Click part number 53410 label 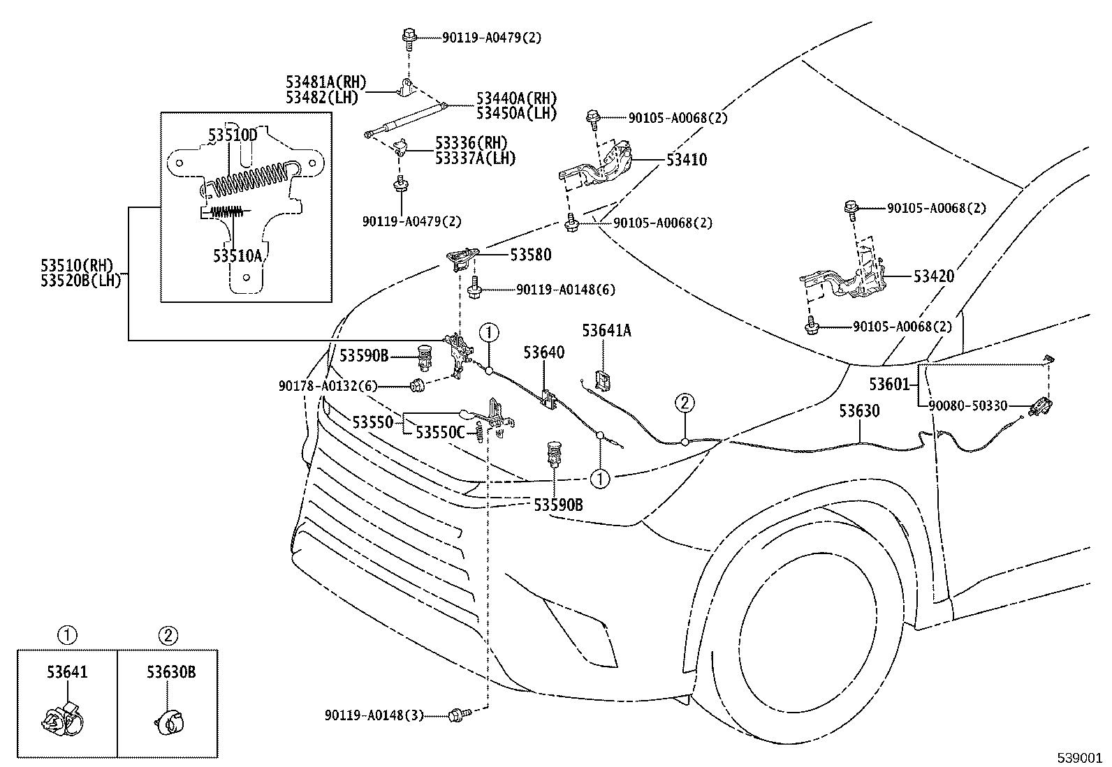tap(687, 160)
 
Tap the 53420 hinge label tap(934, 276)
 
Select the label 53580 tap(531, 255)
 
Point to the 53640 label tap(544, 352)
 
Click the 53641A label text tap(606, 330)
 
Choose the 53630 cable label tap(859, 411)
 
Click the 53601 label tap(889, 384)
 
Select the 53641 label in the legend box tap(67, 672)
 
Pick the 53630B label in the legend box tap(171, 672)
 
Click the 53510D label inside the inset tap(233, 135)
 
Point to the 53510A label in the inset tap(237, 255)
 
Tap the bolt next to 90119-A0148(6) tap(474, 288)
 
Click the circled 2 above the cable tap(685, 403)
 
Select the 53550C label tap(440, 433)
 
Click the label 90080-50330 tap(968, 405)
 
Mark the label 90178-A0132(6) tap(328, 386)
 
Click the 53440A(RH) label tap(517, 98)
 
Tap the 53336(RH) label tap(471, 143)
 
